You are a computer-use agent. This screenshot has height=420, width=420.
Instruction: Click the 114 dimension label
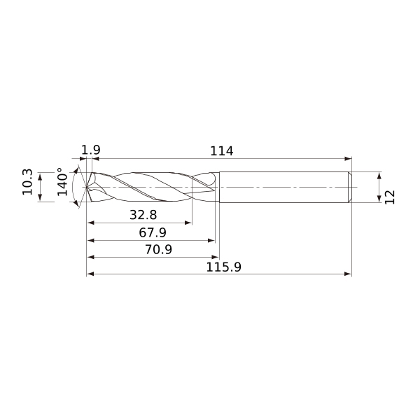point(221,150)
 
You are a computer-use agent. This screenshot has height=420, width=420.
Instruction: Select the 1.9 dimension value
point(91,150)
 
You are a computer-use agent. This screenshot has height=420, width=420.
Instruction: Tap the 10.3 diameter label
point(27,181)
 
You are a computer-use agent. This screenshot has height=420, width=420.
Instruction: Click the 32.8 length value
point(143,214)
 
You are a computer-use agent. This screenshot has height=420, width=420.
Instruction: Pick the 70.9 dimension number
point(157,250)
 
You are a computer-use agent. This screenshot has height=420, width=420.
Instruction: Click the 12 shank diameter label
point(391,197)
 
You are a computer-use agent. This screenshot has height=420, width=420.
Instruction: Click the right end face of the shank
point(351,187)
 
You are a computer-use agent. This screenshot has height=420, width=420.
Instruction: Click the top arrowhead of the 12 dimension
point(379,175)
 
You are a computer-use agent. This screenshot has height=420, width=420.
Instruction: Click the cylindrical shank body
point(283,187)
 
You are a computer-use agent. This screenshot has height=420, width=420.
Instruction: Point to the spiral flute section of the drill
point(150,187)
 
